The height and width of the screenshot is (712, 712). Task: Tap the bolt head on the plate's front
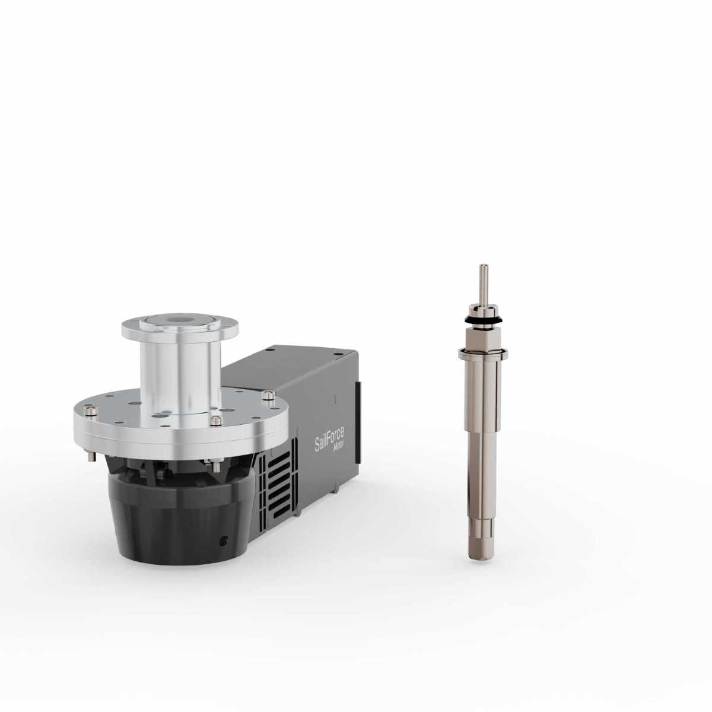pyautogui.click(x=214, y=420)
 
